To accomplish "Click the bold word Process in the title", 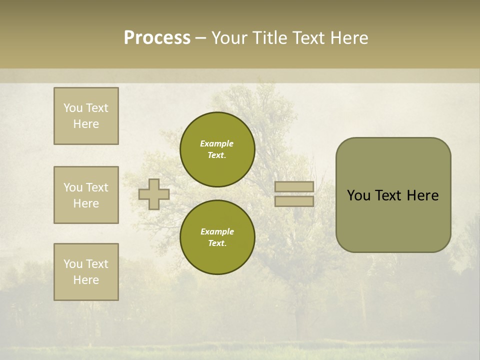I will (x=157, y=38).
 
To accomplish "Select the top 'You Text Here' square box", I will (x=86, y=116).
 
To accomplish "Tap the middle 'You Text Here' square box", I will (x=86, y=195).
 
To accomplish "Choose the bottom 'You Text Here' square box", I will (x=86, y=272).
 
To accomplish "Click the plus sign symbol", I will (x=154, y=194).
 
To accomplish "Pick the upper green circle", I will (x=217, y=149).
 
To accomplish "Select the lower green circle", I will (x=217, y=237).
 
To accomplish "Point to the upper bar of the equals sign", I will (x=294, y=186).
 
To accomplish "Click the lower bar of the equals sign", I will (x=294, y=201).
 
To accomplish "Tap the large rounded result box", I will (x=393, y=195).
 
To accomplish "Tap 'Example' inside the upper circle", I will (x=217, y=143).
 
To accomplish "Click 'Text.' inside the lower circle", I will (x=217, y=243).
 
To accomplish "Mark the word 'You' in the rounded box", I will (x=358, y=195).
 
